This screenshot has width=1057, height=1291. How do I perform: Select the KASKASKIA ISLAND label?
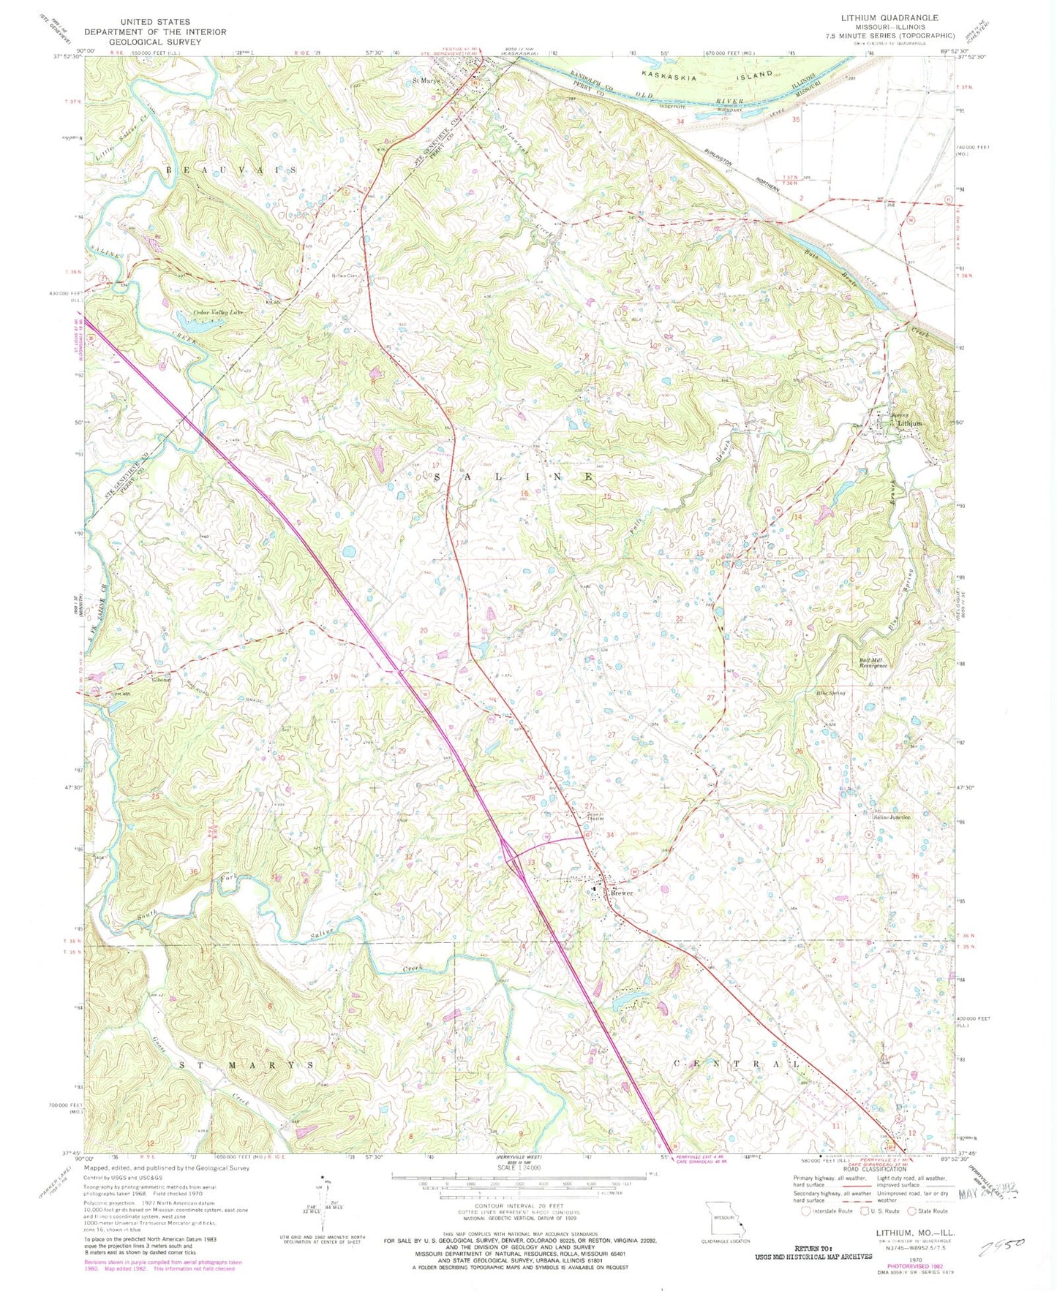pos(707,75)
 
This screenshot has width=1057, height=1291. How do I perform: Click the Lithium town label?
pos(909,424)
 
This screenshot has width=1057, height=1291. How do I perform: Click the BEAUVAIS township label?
pos(231,170)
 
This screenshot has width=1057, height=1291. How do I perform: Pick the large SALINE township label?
pos(515,476)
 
